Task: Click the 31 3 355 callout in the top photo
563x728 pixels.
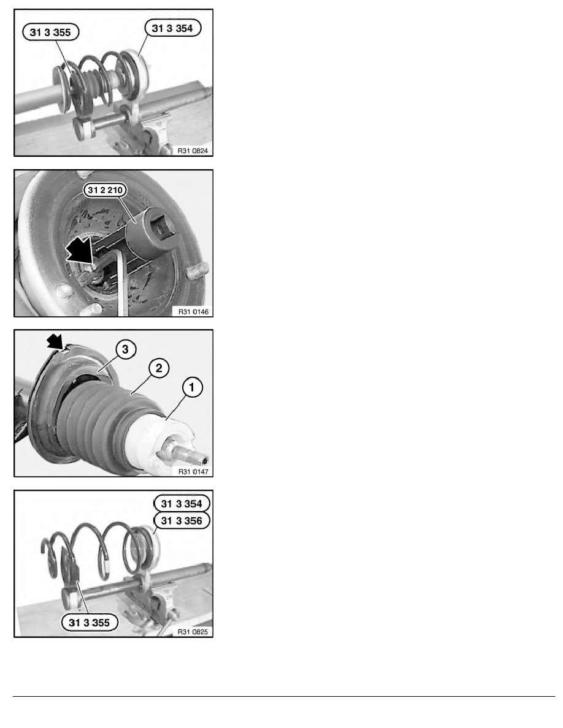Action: pyautogui.click(x=51, y=32)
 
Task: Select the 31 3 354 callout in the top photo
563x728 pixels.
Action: pyautogui.click(x=172, y=28)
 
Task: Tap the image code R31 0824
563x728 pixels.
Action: pyautogui.click(x=193, y=150)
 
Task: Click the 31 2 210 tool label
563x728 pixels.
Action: pyautogui.click(x=105, y=190)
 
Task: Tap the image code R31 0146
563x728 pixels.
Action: pyautogui.click(x=193, y=311)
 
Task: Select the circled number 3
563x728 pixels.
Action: pyautogui.click(x=126, y=349)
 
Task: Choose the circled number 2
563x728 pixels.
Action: pyautogui.click(x=159, y=368)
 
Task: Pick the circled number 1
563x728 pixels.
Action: pyautogui.click(x=193, y=387)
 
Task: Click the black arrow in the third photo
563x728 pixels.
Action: pyautogui.click(x=56, y=343)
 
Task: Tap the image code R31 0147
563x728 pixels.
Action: pyautogui.click(x=193, y=471)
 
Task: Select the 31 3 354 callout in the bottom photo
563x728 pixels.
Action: pyautogui.click(x=182, y=503)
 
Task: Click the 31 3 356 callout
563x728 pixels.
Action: pyautogui.click(x=182, y=520)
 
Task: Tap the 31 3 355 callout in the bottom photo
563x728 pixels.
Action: pyautogui.click(x=90, y=622)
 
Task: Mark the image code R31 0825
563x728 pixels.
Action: pyautogui.click(x=193, y=631)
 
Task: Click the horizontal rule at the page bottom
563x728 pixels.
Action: pyautogui.click(x=284, y=696)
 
